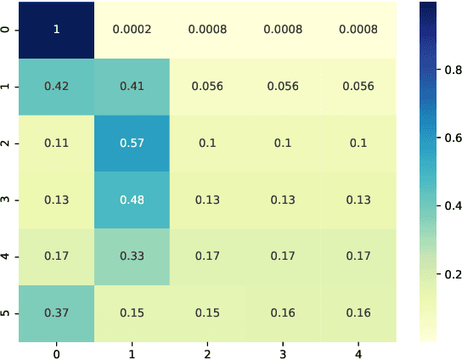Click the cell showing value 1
point(58,29)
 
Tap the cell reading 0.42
point(58,86)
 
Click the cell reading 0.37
point(58,313)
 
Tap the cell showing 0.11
point(58,143)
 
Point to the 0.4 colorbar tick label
point(446,205)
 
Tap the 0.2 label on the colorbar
point(446,273)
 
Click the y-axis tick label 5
point(8,313)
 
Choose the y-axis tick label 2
point(8,143)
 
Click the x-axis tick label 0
point(58,352)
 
